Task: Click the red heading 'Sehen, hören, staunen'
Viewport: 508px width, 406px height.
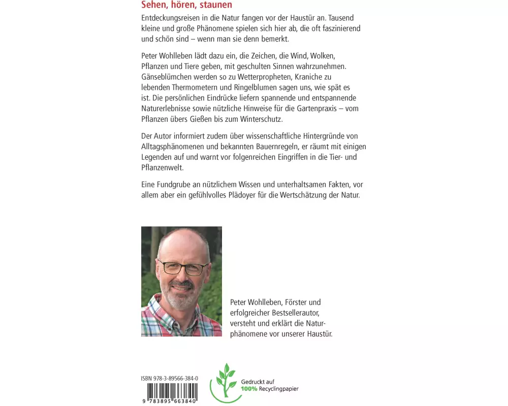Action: click(x=186, y=5)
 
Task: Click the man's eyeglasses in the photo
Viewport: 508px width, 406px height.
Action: click(x=183, y=267)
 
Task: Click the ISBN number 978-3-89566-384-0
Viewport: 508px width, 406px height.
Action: click(x=170, y=379)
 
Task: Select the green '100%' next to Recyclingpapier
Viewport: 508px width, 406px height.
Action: click(x=249, y=389)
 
